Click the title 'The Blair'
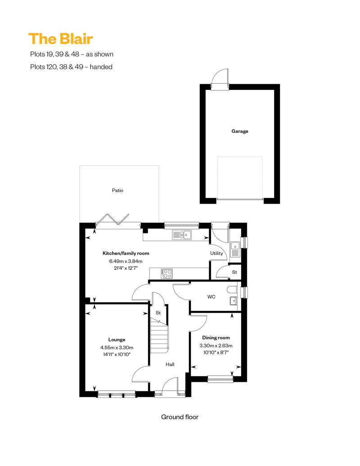pos(61,39)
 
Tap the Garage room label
pos(239,131)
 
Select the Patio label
pos(117,190)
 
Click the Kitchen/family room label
pos(126,253)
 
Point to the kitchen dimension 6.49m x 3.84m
pos(126,261)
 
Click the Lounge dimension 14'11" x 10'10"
pos(117,354)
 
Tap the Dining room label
pos(216,338)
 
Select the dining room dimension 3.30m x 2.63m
pos(216,345)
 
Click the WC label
pos(211,296)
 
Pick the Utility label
pos(216,253)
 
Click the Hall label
pos(170,364)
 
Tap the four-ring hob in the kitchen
pos(166,273)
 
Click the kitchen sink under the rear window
pos(182,235)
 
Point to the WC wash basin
pos(234,301)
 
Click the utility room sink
pos(235,250)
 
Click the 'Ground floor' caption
pos(180,417)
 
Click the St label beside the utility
pos(234,272)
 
